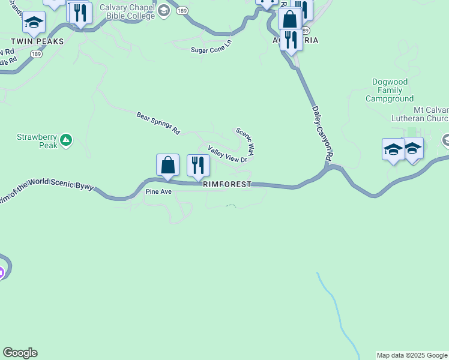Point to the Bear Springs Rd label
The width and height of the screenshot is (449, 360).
click(158, 122)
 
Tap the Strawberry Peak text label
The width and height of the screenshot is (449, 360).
click(37, 141)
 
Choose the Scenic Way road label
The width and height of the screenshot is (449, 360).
click(246, 141)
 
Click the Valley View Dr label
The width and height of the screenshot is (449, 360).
click(228, 154)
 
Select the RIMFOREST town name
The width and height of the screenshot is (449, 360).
click(227, 185)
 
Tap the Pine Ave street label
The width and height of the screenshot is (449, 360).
click(158, 192)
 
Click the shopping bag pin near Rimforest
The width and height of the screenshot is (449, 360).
click(167, 166)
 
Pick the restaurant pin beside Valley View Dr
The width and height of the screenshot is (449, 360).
click(198, 166)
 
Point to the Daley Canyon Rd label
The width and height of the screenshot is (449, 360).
click(322, 133)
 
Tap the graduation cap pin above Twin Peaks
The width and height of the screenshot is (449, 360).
click(34, 23)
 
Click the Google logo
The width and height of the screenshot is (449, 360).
click(20, 353)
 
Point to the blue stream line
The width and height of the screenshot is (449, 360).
click(339, 318)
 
